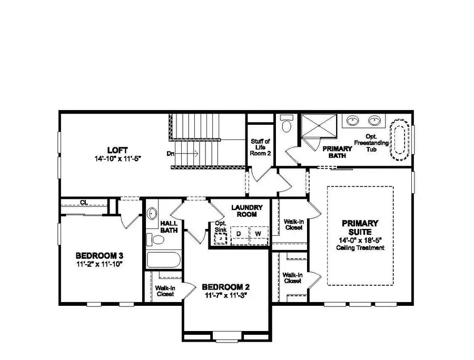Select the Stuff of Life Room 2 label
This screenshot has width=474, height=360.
[260, 147]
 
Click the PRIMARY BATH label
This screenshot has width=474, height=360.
[337, 152]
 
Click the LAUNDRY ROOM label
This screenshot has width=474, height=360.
[243, 211]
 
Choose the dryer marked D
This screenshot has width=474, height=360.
[239, 233]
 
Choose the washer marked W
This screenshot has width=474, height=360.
[258, 233]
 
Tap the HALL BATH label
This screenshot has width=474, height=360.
[169, 226]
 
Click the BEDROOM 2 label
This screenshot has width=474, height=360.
[225, 287]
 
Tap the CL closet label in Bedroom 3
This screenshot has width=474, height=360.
[84, 202]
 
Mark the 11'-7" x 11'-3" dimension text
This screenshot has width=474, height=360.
[225, 295]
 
